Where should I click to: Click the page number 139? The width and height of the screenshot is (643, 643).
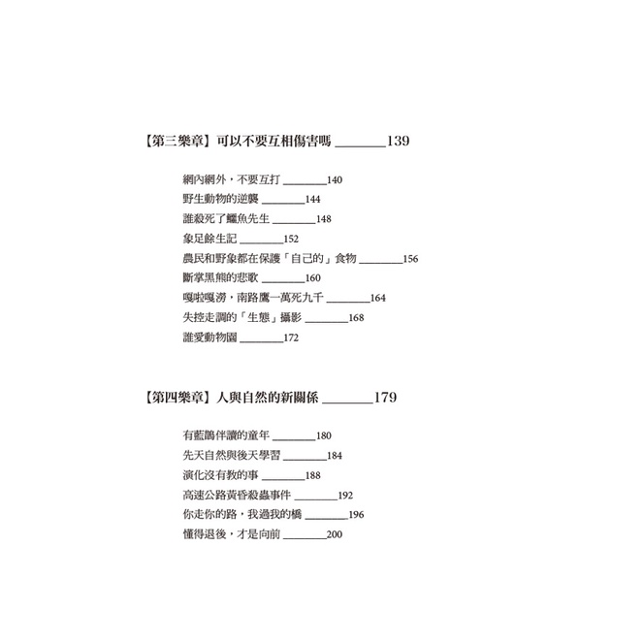pyautogui.click(x=399, y=141)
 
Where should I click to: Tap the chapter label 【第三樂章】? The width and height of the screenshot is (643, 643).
pyautogui.click(x=178, y=141)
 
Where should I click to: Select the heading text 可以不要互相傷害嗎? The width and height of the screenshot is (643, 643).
pyautogui.click(x=273, y=141)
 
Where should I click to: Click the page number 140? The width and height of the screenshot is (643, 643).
pyautogui.click(x=335, y=180)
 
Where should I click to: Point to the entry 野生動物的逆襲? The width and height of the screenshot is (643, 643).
pyautogui.click(x=220, y=199)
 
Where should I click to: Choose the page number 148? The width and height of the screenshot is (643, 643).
pyautogui.click(x=324, y=219)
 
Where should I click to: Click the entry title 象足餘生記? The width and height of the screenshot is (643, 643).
pyautogui.click(x=209, y=239)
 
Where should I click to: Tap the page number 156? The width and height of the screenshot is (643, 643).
pyautogui.click(x=410, y=259)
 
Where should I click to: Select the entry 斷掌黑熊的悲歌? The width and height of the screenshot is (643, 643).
pyautogui.click(x=220, y=277)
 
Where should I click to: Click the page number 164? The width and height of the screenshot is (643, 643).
pyautogui.click(x=377, y=298)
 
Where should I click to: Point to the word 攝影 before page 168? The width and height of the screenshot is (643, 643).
pyautogui.click(x=291, y=317)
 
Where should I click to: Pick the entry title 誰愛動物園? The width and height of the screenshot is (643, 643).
pyautogui.click(x=209, y=338)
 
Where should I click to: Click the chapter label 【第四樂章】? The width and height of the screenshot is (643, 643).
pyautogui.click(x=178, y=398)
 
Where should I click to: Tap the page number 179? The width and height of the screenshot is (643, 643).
pyautogui.click(x=385, y=398)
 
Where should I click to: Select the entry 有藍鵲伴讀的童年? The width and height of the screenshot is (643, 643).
pyautogui.click(x=226, y=435)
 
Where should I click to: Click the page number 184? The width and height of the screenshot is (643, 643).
pyautogui.click(x=335, y=456)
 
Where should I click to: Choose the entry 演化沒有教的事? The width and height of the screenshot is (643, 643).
pyautogui.click(x=220, y=475)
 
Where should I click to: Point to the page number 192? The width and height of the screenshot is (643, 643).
pyautogui.click(x=345, y=496)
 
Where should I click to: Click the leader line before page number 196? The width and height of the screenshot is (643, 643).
pyautogui.click(x=327, y=519)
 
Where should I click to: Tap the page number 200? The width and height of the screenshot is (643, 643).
pyautogui.click(x=335, y=534)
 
